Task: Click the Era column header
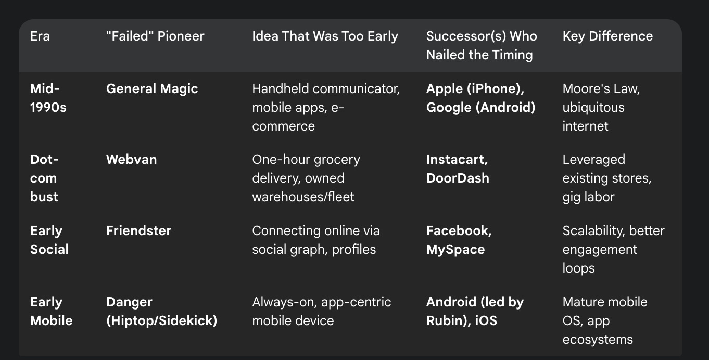coord(40,36)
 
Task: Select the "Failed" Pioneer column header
coord(155,36)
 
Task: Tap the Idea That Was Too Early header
coord(325,36)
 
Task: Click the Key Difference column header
coord(607,36)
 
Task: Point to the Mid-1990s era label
coord(48,98)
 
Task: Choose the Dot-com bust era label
coord(44,178)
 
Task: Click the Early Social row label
coord(49,240)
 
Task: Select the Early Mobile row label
coord(51,311)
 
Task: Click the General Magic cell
coord(152,89)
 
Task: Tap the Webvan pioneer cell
coord(131,160)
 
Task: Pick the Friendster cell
coord(138,230)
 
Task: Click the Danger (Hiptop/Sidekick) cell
coord(161,311)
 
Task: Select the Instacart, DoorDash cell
coord(458,169)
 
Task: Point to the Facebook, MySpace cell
coord(459,240)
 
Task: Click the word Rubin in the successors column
coord(444,320)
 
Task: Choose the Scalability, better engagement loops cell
coord(613,249)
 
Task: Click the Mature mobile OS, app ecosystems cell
coord(604,320)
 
